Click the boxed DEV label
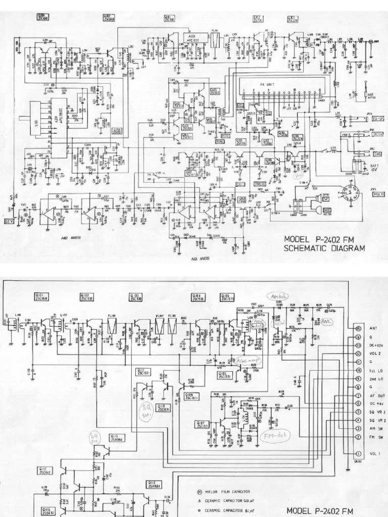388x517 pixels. pyautogui.click(x=9, y=221)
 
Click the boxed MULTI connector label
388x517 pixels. pyautogui.click(x=377, y=194)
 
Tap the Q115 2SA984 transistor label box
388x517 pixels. pyautogui.click(x=119, y=438)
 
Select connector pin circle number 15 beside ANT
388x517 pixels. pyautogui.click(x=359, y=328)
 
